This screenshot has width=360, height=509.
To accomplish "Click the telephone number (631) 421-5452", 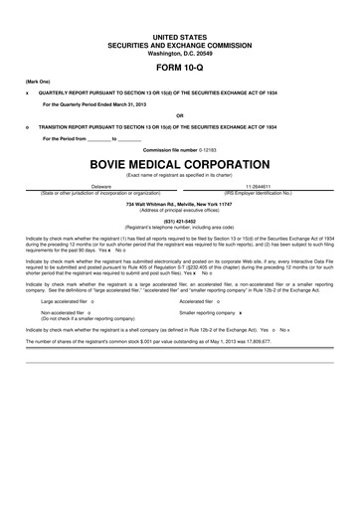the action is click(x=180, y=223).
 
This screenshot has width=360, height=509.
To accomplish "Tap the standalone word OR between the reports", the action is click(x=180, y=114).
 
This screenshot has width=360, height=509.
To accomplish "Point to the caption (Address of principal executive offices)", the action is click(x=180, y=209).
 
